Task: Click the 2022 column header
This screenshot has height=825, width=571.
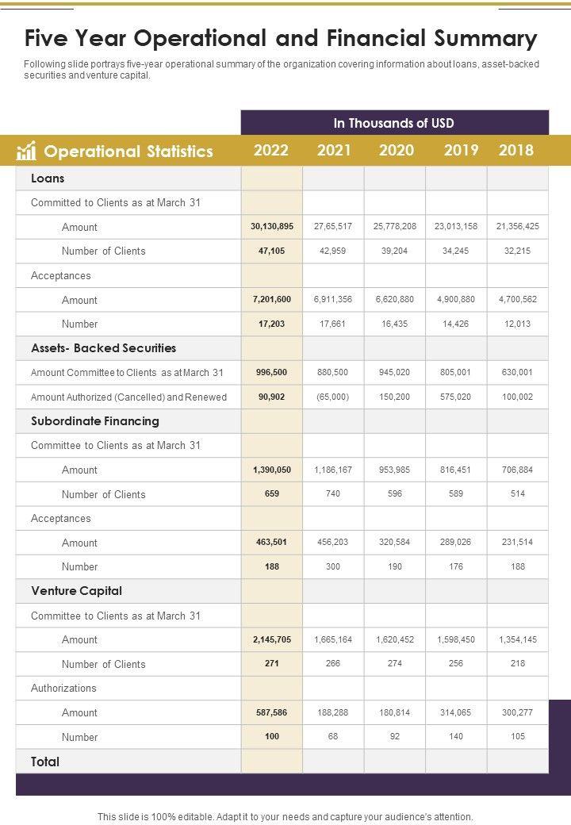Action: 271,150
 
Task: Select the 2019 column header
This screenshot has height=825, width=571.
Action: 461,150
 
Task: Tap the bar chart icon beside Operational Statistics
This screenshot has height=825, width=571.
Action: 27,151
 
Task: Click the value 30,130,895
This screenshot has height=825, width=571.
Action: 272,226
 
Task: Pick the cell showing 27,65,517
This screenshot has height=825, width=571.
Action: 333,226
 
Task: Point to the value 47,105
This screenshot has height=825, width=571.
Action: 272,251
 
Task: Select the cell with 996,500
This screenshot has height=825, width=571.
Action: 272,372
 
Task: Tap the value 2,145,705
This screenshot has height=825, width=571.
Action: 272,639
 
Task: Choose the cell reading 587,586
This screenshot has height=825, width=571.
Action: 272,712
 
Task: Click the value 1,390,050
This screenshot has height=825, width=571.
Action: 272,470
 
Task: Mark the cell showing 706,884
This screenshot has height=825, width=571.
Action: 517,470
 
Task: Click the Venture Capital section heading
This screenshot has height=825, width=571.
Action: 76,591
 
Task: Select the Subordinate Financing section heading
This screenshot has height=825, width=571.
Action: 94,421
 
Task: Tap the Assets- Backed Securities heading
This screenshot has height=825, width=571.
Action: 103,348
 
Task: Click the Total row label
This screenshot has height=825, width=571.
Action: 45,762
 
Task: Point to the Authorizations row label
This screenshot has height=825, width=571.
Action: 63,688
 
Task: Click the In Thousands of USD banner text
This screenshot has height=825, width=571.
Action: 393,123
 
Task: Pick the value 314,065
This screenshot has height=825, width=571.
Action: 456,712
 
